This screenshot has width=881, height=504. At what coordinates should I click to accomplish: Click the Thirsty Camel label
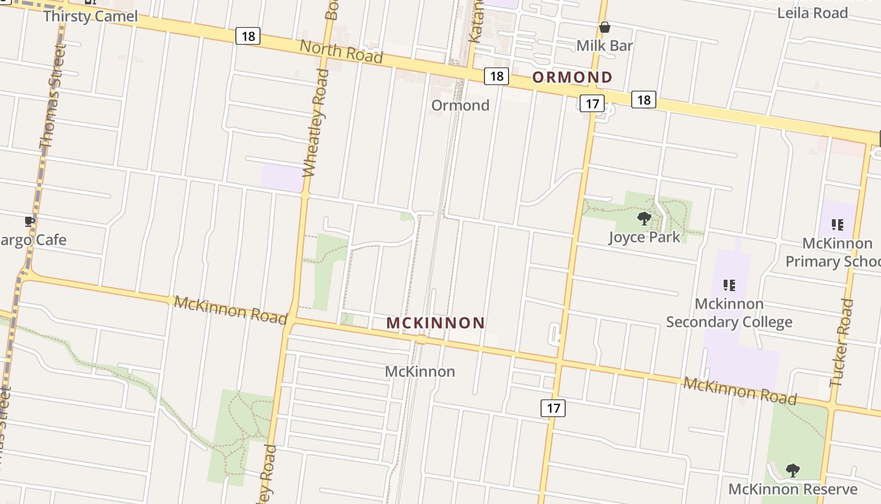(90, 16)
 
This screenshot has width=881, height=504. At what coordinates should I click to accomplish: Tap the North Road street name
(341, 51)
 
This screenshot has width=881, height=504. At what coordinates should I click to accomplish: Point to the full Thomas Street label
(53, 96)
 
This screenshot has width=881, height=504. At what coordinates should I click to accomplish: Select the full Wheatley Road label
(316, 123)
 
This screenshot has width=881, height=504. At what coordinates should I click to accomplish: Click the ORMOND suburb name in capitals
(572, 77)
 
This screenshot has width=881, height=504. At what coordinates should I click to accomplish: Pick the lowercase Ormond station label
(460, 105)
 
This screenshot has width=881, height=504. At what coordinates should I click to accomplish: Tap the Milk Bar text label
(604, 45)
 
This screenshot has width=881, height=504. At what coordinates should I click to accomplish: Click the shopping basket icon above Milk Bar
(605, 27)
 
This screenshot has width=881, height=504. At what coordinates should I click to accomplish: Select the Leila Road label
(812, 13)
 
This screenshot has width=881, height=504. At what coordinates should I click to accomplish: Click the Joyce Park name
(644, 237)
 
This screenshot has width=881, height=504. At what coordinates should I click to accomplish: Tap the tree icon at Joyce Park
(644, 219)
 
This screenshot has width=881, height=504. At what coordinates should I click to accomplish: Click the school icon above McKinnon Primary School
(837, 224)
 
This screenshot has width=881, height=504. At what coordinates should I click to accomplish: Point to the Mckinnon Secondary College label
(729, 313)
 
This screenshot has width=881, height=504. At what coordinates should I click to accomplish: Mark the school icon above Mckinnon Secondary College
(729, 285)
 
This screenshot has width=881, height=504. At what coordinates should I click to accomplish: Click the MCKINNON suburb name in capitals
(435, 323)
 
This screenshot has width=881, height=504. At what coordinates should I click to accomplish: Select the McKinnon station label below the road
(420, 372)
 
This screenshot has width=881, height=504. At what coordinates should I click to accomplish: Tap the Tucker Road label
(843, 342)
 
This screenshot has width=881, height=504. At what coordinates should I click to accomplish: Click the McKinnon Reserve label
(792, 490)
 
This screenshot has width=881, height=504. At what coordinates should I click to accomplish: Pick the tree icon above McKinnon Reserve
(793, 470)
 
